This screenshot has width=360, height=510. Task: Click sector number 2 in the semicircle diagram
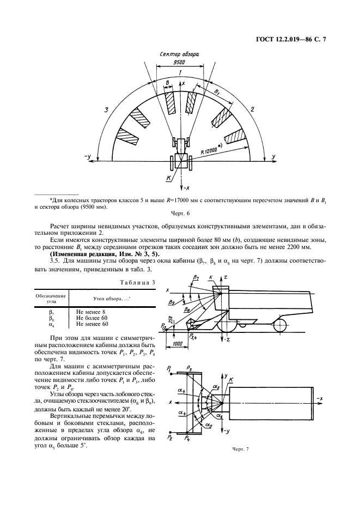(253, 110)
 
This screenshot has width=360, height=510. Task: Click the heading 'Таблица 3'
(138, 282)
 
